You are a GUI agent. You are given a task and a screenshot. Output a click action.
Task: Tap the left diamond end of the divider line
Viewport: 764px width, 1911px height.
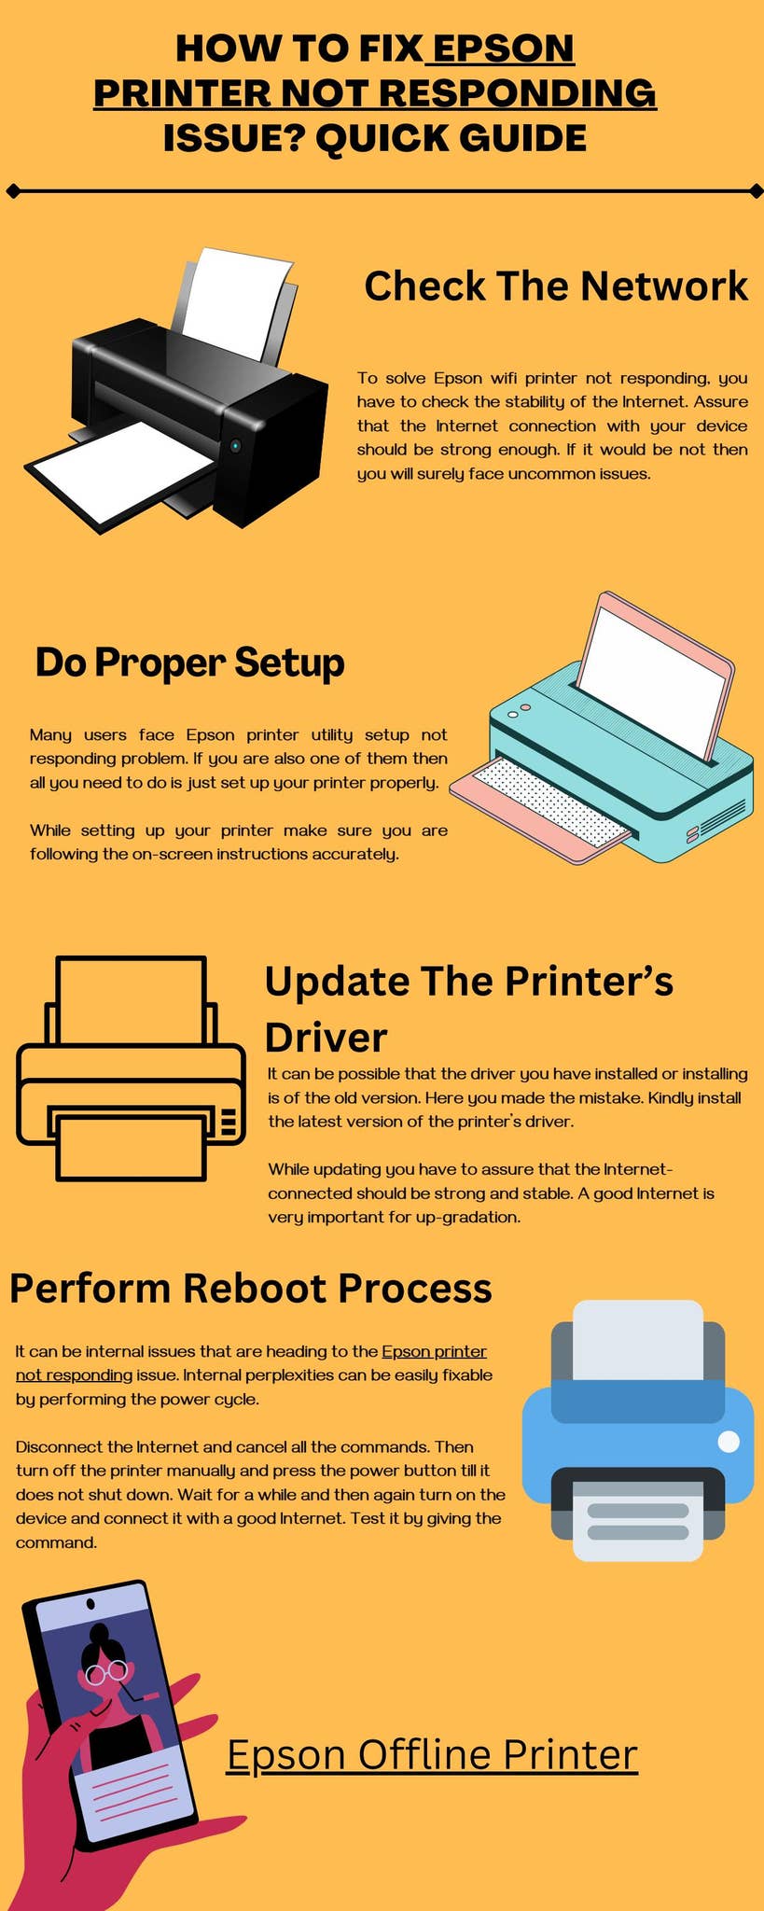click(x=12, y=191)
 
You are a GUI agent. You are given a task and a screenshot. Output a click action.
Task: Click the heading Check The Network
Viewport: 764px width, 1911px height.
click(x=556, y=286)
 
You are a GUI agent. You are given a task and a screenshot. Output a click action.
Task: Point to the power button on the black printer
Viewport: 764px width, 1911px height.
click(x=235, y=446)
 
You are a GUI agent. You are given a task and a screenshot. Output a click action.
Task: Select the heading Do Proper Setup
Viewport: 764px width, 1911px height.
click(x=189, y=663)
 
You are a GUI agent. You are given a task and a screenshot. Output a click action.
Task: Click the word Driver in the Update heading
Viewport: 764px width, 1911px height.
click(x=326, y=1038)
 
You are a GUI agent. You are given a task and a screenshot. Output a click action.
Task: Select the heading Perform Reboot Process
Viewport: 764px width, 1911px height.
click(x=250, y=1288)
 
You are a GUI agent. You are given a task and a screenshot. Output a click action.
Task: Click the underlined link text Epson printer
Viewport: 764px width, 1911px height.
click(x=434, y=1351)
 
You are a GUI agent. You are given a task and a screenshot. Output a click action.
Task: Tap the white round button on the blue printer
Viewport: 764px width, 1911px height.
click(x=729, y=1442)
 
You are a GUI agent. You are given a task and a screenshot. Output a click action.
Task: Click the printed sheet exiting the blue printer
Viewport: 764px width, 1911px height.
click(x=637, y=1521)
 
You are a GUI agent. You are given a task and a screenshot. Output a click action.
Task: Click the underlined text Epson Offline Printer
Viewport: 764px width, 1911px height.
click(x=432, y=1754)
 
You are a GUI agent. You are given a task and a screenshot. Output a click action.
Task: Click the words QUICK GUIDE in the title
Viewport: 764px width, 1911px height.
click(x=451, y=138)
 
